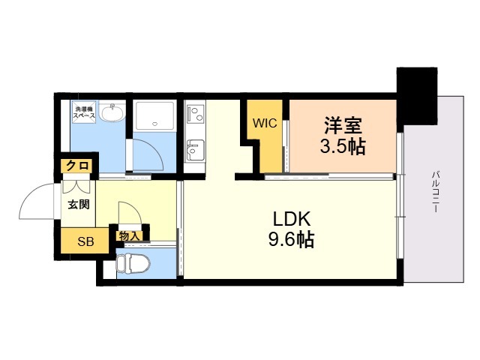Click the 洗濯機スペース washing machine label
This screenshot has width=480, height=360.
tap(83, 115)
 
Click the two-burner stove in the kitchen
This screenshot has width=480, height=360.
tap(195, 115)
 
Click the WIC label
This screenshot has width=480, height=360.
tap(265, 123)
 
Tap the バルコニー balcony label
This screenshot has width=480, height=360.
tap(435, 191)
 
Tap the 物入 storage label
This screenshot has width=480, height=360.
tap(129, 235)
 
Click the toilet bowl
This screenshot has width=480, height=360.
tap(136, 263)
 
